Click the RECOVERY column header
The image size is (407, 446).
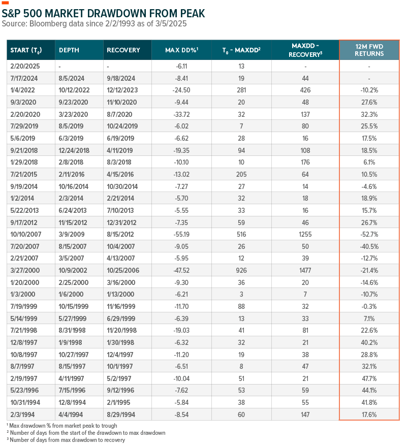click(x=123, y=50)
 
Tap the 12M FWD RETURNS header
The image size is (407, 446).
click(x=369, y=50)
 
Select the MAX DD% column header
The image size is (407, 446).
click(x=181, y=50)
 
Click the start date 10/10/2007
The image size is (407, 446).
click(x=26, y=234)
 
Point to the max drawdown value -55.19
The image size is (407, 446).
click(x=181, y=234)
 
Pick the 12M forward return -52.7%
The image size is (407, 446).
click(x=369, y=234)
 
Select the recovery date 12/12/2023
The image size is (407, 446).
click(x=122, y=90)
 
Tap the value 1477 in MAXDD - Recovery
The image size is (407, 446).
click(x=305, y=270)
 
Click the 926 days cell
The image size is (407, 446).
click(x=241, y=270)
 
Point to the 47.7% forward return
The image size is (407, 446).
click(x=369, y=378)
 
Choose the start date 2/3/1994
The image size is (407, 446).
click(x=22, y=415)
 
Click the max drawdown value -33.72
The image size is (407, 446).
click(x=181, y=114)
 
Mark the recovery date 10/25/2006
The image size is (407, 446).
click(x=123, y=270)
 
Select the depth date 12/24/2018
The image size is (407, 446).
click(x=74, y=150)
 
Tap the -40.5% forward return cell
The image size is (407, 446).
click(x=369, y=246)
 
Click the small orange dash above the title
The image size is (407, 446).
click(x=5, y=3)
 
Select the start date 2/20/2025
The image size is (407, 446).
click(x=25, y=66)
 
